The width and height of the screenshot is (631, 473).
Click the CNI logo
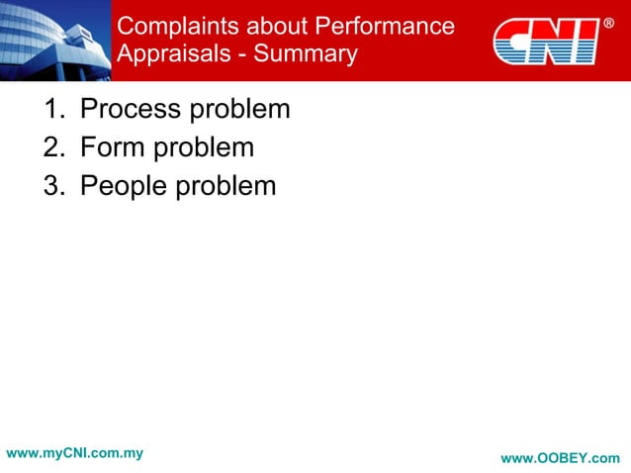545,41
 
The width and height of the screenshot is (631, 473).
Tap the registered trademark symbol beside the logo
608,23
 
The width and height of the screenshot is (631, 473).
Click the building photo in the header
54,40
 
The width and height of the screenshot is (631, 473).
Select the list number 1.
52,110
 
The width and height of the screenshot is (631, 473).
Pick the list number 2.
52,148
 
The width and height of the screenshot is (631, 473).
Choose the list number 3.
52,186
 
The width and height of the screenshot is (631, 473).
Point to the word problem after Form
203,148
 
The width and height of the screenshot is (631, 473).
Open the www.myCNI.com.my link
74,453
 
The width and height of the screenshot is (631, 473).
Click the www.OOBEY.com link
560,458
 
